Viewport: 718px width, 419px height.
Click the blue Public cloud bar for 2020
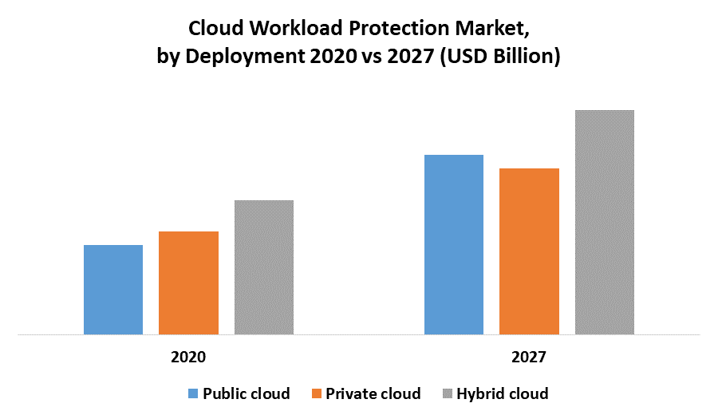tap(113, 290)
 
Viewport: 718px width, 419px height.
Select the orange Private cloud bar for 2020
tap(188, 283)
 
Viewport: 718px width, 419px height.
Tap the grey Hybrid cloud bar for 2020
tap(264, 267)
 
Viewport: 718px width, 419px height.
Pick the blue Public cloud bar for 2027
tap(454, 244)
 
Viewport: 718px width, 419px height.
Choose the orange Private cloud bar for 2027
tap(529, 251)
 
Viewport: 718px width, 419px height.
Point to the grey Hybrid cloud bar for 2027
tap(605, 222)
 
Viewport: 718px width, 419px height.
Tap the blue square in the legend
tap(193, 393)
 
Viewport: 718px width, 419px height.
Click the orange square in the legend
tap(318, 393)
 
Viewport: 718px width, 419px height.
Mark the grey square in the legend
tap(448, 393)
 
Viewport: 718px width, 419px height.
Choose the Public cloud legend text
tap(246, 393)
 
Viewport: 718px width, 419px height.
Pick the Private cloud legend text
tap(373, 393)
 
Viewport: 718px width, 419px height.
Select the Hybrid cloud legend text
tap(502, 393)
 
